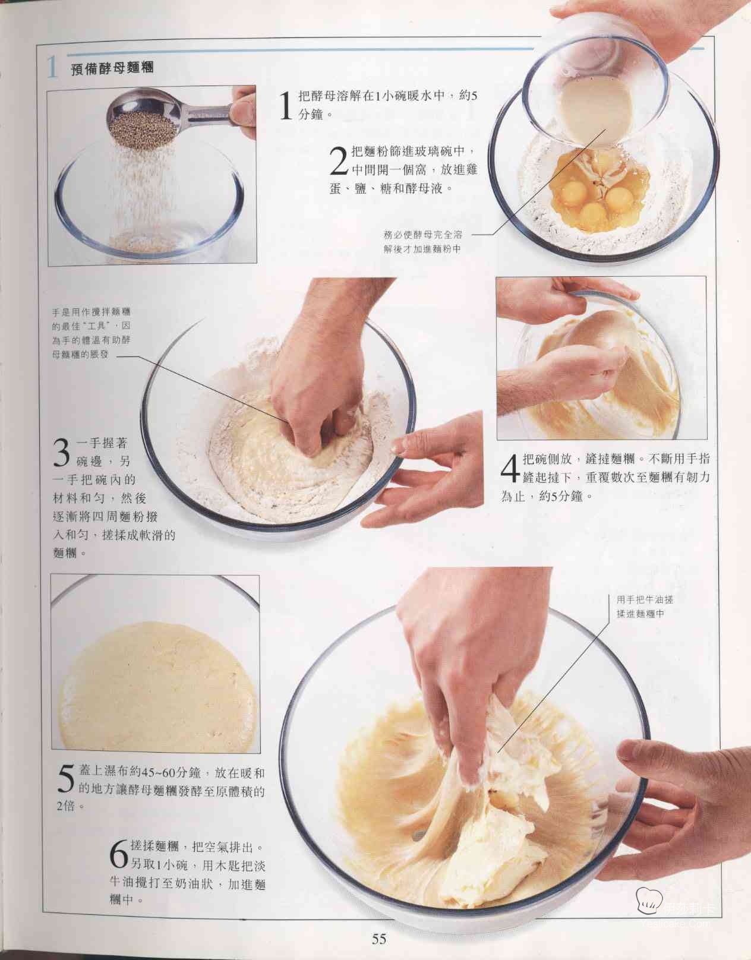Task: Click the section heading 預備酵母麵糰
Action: [112, 68]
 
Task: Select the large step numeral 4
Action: [511, 468]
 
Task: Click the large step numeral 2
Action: [339, 161]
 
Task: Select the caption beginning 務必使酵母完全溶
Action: [422, 242]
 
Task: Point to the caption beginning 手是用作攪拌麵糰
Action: [91, 333]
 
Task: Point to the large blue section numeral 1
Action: [52, 68]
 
